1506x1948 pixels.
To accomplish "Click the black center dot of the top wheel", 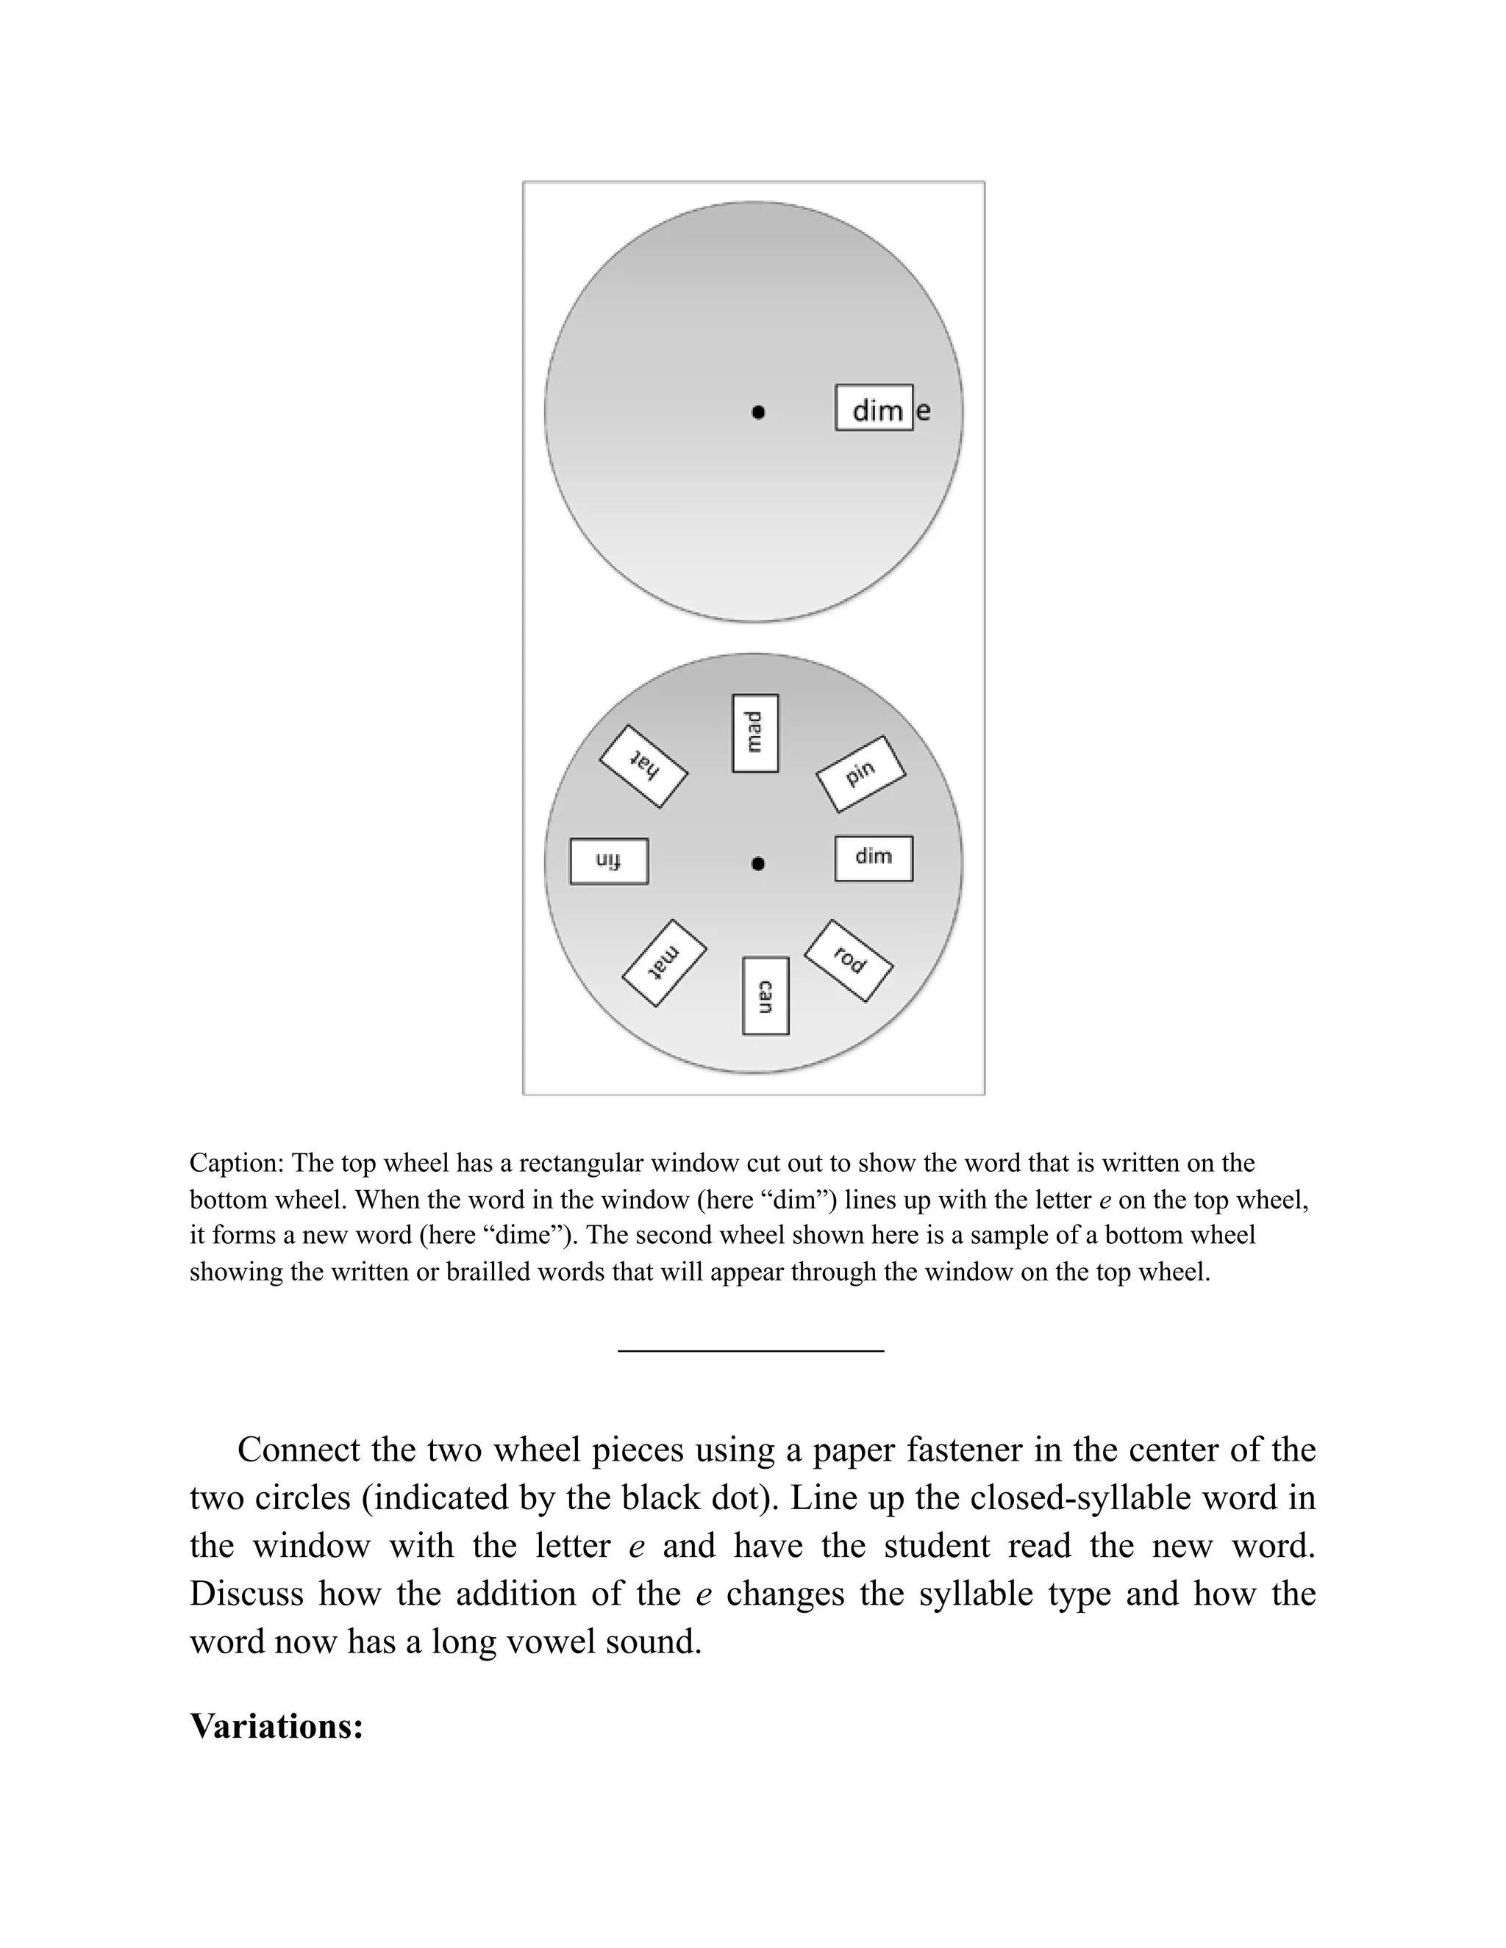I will pos(757,412).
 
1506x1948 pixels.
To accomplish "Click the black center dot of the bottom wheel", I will pos(757,864).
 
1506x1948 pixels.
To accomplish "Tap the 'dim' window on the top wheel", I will pos(874,409).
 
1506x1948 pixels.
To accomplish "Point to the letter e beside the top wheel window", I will pos(924,411).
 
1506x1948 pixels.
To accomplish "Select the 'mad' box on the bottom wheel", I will pos(754,733).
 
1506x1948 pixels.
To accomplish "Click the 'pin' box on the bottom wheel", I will pos(861,774).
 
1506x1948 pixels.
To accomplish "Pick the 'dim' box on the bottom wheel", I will pos(874,858).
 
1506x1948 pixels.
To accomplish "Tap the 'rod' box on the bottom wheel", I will pos(849,961).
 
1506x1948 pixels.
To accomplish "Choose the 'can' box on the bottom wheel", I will pos(765,995).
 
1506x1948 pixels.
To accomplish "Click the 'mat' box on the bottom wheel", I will pos(665,963).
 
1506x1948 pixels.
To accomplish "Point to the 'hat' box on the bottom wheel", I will pos(643,766).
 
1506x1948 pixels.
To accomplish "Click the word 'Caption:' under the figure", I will pos(237,1163).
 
